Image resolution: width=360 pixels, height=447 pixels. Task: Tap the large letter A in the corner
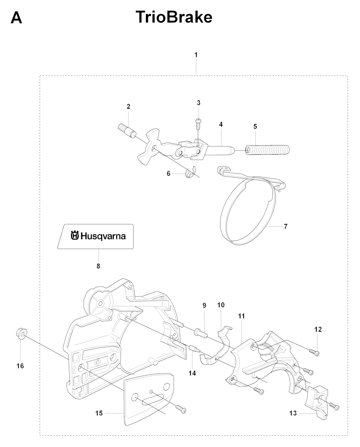click(x=16, y=18)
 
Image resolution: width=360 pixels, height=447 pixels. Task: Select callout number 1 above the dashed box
click(x=196, y=55)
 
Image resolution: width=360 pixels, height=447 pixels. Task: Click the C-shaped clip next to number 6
click(x=191, y=172)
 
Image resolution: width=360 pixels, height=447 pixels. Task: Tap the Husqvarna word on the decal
click(x=103, y=236)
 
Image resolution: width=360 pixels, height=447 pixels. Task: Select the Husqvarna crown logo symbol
click(x=75, y=236)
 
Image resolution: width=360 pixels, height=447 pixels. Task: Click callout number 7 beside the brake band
click(x=286, y=226)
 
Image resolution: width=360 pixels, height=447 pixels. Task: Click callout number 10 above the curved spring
click(x=221, y=305)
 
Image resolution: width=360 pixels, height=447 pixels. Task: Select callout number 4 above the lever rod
click(x=221, y=124)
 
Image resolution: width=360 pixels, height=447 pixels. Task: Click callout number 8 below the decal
click(x=98, y=266)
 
